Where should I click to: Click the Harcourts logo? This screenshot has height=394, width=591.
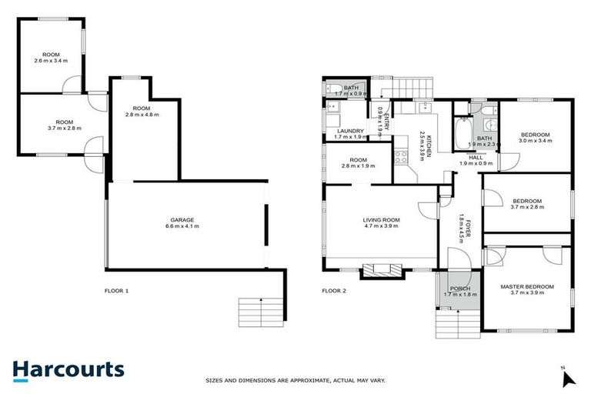[68, 369]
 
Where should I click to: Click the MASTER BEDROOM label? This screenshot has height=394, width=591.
[527, 287]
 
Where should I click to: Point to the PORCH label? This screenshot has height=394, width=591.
[461, 288]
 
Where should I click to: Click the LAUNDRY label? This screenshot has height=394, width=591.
[350, 131]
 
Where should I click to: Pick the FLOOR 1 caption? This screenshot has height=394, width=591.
[116, 291]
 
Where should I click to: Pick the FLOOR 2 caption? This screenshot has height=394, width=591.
[335, 291]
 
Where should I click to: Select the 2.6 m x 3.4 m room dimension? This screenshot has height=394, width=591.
[52, 61]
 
